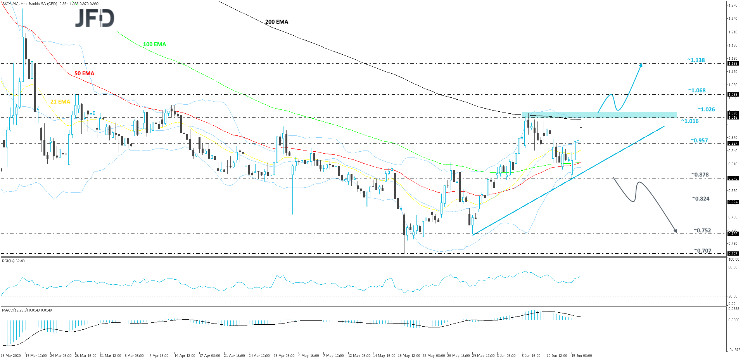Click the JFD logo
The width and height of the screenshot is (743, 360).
95,18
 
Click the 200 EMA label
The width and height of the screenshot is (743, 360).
276,22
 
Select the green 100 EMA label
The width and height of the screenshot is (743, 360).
154,44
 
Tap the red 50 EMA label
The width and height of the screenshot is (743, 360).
84,73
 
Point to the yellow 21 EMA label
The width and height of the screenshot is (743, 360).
60,102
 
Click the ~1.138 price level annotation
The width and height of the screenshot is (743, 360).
696,60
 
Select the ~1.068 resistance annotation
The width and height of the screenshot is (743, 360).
697,90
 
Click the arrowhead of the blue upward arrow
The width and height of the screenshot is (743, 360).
641,64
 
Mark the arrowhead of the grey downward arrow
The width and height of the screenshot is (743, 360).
676,232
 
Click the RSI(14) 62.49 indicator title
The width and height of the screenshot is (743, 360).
13,261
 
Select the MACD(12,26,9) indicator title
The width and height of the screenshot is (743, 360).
27,310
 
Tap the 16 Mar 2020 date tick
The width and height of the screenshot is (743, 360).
11,355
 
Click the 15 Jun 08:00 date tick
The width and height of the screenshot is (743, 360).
582,355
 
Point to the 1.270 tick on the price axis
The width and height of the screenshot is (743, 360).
733,5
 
